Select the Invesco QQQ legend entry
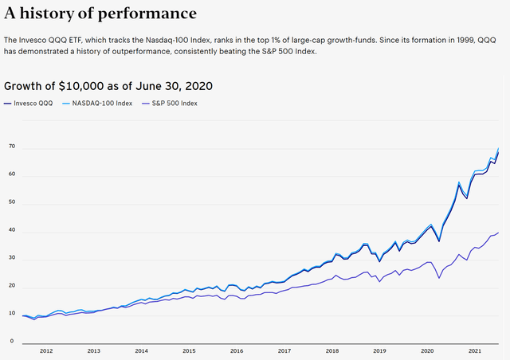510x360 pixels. (34, 104)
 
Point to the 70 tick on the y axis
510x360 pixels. (12, 147)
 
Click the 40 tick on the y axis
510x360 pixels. (12, 231)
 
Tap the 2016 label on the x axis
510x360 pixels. (237, 350)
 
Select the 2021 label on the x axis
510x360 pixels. (475, 350)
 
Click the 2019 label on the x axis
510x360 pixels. (380, 350)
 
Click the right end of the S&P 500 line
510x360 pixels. (499, 233)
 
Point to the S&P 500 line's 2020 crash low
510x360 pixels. (438, 277)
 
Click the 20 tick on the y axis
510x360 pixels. (12, 286)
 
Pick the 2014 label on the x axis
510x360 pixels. (141, 350)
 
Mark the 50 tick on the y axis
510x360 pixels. (12, 203)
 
